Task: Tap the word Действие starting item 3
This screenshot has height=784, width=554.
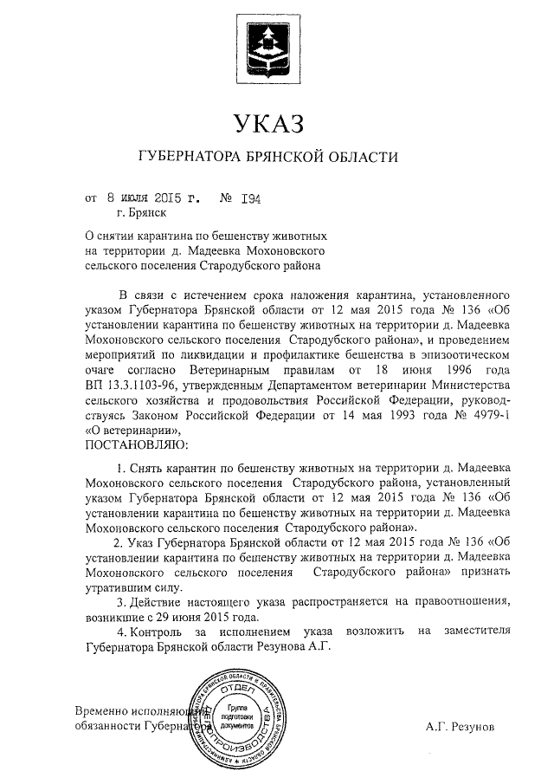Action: point(159,602)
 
